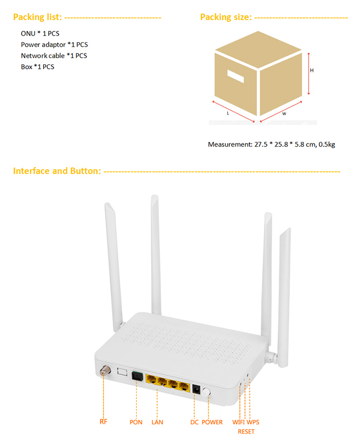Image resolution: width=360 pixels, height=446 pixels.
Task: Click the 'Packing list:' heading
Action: (37, 17)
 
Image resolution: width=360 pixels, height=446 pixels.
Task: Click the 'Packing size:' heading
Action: (226, 17)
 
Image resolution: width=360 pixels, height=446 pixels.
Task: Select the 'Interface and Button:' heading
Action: (57, 171)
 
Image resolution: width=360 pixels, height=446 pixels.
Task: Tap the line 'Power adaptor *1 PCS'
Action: (55, 45)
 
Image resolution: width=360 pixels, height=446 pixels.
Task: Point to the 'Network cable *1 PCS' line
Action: (54, 56)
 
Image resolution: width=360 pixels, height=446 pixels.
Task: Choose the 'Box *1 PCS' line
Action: (38, 67)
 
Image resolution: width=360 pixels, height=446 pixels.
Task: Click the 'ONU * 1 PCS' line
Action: (40, 33)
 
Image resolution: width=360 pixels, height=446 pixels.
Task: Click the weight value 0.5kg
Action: (327, 145)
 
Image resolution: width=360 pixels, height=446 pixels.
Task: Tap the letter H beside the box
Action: (312, 70)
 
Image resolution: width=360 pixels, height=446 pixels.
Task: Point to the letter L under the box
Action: (228, 113)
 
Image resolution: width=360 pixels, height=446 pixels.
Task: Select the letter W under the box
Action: (284, 114)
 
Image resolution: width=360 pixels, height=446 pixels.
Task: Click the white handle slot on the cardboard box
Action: (236, 76)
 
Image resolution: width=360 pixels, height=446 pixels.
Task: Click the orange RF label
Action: (103, 421)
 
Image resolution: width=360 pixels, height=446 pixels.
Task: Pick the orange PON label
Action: (136, 422)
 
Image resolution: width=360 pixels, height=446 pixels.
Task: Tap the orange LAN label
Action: (157, 422)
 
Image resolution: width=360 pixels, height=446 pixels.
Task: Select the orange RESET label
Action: (246, 432)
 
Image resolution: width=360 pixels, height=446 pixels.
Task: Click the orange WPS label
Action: (253, 422)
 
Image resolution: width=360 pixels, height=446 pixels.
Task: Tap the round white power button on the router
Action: (206, 392)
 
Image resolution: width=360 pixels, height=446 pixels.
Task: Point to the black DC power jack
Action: (196, 389)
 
